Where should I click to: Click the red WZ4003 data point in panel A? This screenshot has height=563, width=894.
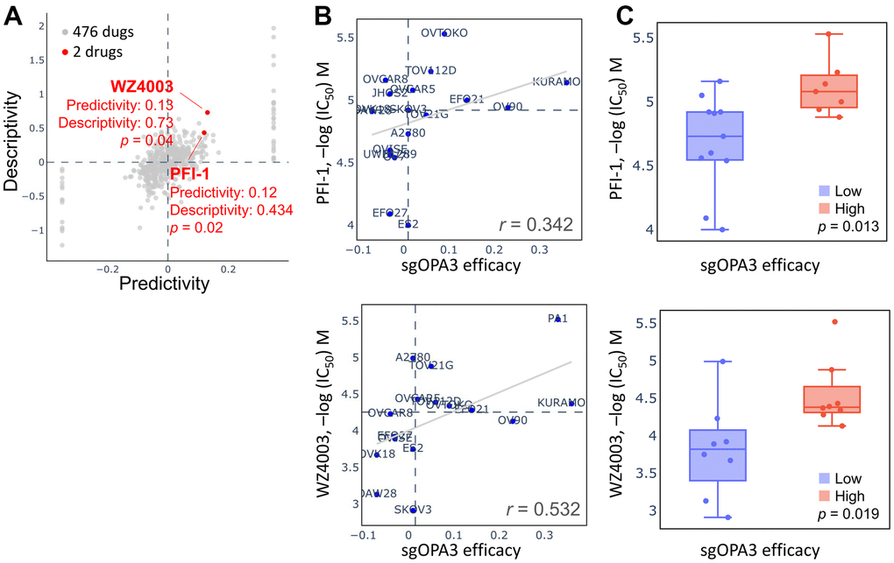208,112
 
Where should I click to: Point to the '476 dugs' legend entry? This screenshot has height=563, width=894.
102,32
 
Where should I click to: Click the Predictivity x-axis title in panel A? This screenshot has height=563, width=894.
164,283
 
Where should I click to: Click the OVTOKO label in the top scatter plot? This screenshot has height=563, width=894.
444,33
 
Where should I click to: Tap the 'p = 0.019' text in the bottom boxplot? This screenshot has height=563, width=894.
842,513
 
